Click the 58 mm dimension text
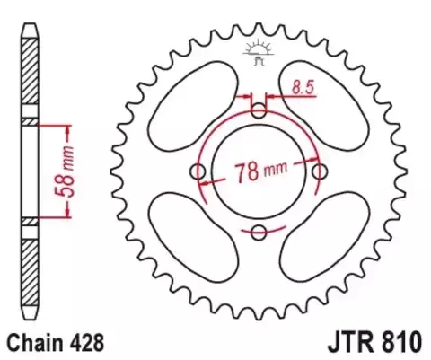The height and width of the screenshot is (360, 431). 69,170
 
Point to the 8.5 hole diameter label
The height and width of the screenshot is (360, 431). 302,87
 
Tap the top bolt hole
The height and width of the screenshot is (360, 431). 259,110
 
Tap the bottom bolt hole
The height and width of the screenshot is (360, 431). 259,233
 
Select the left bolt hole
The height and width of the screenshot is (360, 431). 198,171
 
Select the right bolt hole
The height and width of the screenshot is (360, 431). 320,171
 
